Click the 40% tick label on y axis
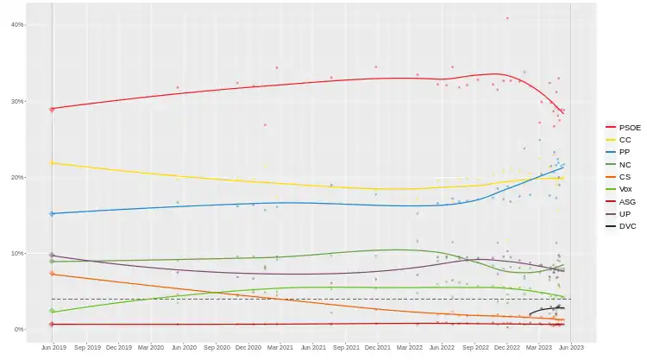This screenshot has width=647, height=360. tap(16, 25)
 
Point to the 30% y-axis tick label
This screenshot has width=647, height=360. tap(16, 101)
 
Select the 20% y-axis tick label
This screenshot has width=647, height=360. tap(16, 177)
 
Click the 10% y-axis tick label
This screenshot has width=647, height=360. tap(16, 253)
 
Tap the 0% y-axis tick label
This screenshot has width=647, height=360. tap(18, 329)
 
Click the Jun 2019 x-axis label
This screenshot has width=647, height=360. tap(53, 348)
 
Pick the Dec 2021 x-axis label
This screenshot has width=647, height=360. tap(377, 348)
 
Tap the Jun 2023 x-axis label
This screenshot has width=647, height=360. tap(571, 348)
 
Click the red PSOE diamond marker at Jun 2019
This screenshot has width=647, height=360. tap(53, 109)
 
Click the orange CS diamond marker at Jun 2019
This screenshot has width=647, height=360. tap(53, 274)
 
